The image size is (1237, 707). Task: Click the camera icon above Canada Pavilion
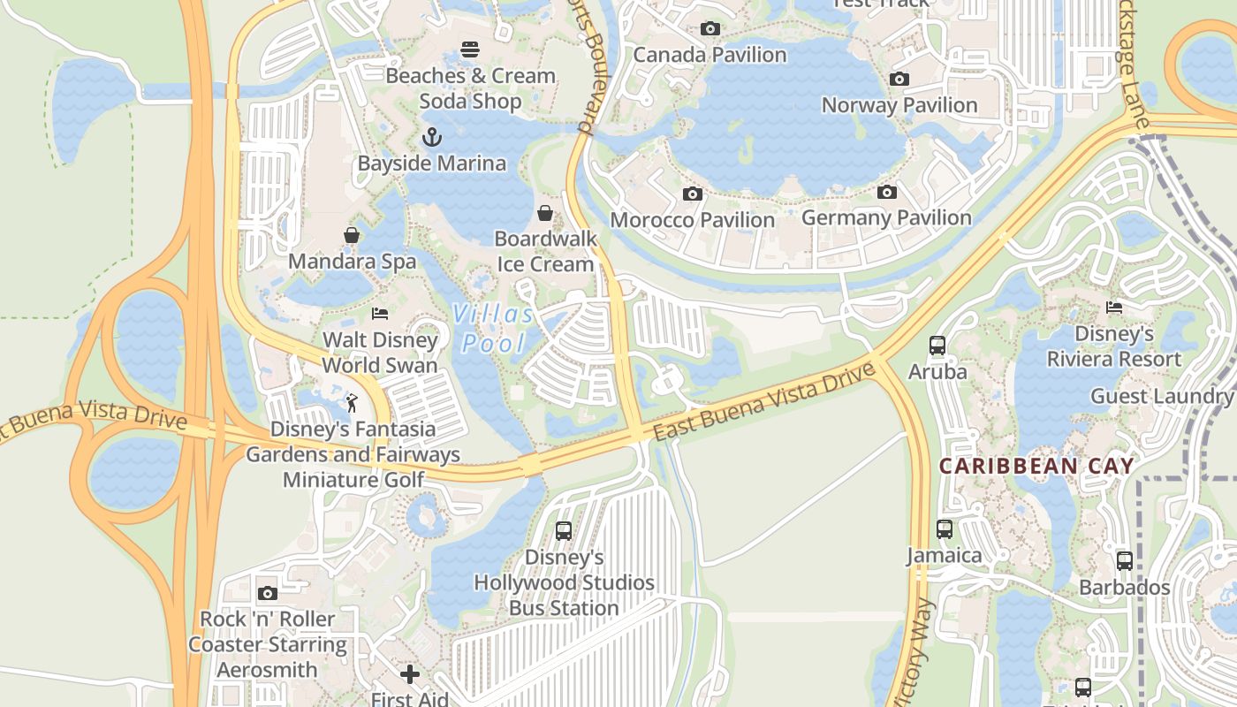pyautogui.click(x=710, y=29)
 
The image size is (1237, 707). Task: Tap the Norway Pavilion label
pyautogui.click(x=899, y=105)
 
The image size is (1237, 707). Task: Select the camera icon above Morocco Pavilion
pyautogui.click(x=693, y=194)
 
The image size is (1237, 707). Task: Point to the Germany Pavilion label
pyautogui.click(x=886, y=217)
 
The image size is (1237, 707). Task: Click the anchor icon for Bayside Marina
pyautogui.click(x=431, y=137)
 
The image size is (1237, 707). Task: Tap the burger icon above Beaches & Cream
pyautogui.click(x=470, y=49)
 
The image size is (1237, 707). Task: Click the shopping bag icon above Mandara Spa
pyautogui.click(x=352, y=235)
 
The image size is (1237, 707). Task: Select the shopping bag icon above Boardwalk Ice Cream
pyautogui.click(x=546, y=213)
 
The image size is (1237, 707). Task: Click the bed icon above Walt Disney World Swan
pyautogui.click(x=380, y=314)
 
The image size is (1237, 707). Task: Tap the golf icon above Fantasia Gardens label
pyautogui.click(x=352, y=403)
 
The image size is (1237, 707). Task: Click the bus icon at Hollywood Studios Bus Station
pyautogui.click(x=564, y=531)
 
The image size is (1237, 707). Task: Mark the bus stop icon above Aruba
pyautogui.click(x=937, y=346)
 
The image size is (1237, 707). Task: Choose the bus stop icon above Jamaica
pyautogui.click(x=945, y=529)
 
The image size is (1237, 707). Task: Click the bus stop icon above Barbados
pyautogui.click(x=1125, y=561)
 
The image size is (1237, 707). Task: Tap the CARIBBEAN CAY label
pyautogui.click(x=1036, y=466)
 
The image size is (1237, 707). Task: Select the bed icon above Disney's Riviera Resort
pyautogui.click(x=1114, y=308)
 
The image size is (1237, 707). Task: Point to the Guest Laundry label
pyautogui.click(x=1161, y=396)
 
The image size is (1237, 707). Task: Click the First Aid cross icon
pyautogui.click(x=410, y=675)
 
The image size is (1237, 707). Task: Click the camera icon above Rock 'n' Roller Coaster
pyautogui.click(x=267, y=593)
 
